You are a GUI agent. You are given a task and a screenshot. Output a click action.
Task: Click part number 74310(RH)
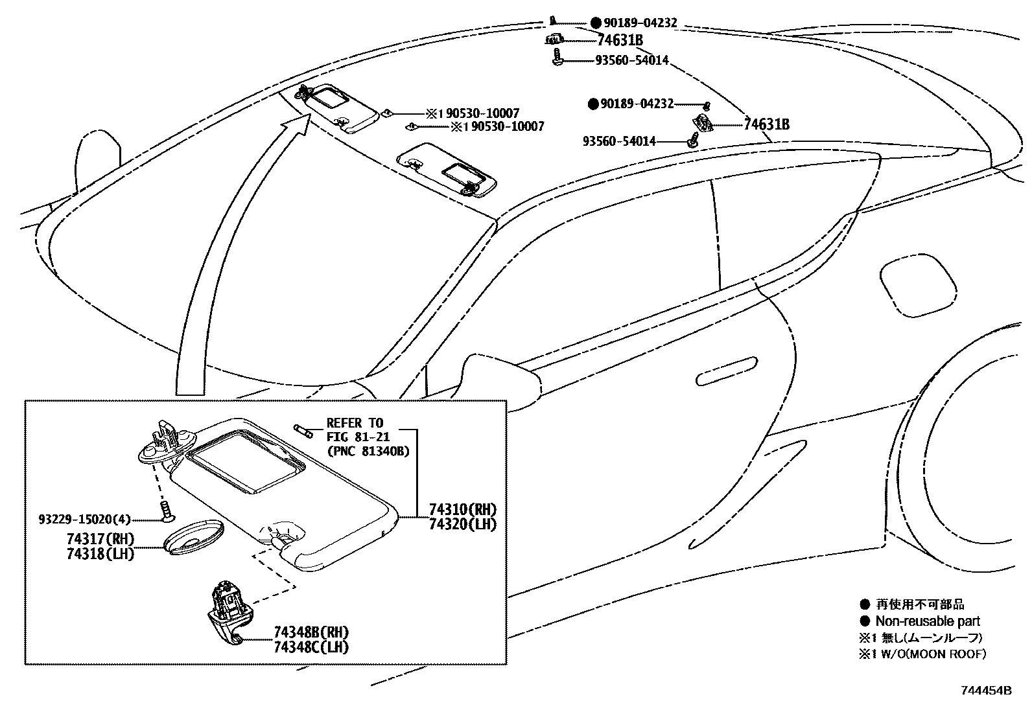pos(462,510)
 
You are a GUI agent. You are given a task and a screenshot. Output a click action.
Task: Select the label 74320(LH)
pos(462,524)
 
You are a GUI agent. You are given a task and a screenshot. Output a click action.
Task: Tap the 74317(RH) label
pos(100,540)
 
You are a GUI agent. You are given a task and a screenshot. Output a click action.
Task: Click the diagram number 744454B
pos(987,691)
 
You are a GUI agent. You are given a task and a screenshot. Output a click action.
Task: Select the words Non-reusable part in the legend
pos(928,621)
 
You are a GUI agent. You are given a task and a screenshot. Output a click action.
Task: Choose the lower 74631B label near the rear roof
pos(766,124)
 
